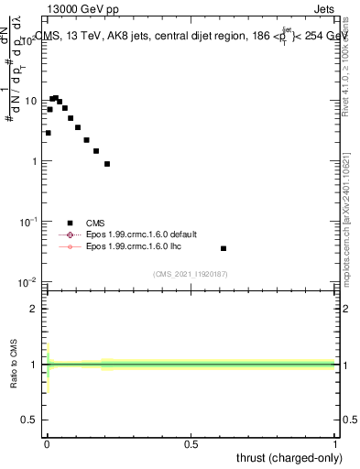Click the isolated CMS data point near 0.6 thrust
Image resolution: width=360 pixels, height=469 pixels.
(224, 248)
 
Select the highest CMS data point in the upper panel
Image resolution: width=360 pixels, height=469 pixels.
(56, 98)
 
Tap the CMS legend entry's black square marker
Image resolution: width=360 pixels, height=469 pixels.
(70, 222)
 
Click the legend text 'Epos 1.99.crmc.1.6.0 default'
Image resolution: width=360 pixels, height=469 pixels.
(136, 234)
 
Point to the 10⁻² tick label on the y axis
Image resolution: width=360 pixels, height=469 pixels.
(28, 282)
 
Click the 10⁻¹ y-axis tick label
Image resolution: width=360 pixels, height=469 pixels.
(28, 222)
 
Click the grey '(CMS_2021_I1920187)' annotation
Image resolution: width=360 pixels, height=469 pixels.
(191, 273)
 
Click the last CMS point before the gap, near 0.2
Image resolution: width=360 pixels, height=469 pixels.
(107, 164)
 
